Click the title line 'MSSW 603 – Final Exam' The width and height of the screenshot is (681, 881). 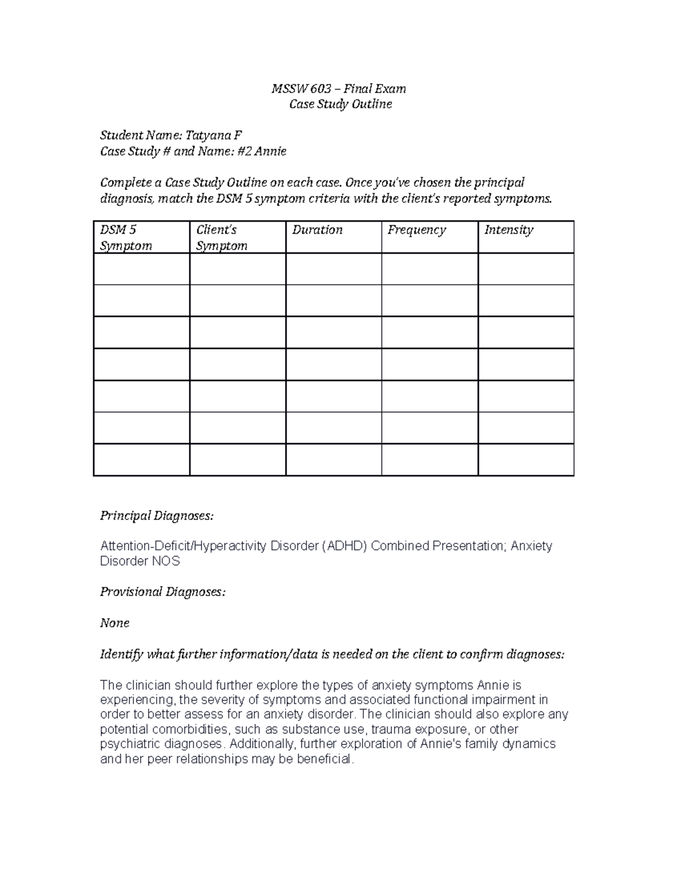click(x=339, y=88)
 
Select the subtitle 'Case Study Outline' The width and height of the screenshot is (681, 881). click(x=340, y=104)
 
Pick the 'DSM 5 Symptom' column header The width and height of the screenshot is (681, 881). click(x=126, y=237)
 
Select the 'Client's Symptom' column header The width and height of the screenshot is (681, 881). click(x=221, y=237)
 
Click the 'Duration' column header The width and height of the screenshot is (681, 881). click(x=317, y=230)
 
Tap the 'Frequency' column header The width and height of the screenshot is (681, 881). click(x=417, y=230)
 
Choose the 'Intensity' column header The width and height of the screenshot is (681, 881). click(x=508, y=230)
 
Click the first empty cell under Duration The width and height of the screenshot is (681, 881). click(x=333, y=269)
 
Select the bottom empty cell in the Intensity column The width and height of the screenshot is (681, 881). click(x=526, y=460)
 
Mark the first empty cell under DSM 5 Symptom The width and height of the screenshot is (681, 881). click(x=141, y=269)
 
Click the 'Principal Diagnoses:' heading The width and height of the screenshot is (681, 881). click(x=157, y=516)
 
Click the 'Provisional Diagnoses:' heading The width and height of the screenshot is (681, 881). click(x=162, y=592)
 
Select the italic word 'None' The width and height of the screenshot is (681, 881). click(x=115, y=623)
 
